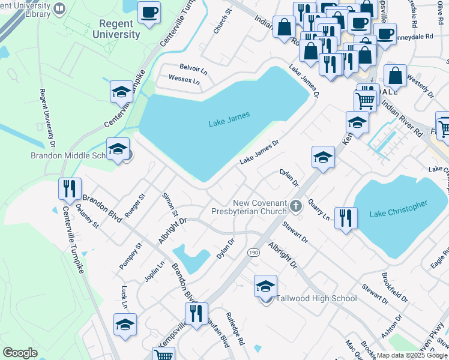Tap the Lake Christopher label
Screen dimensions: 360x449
[x=399, y=209]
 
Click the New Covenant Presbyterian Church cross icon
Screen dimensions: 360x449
[x=295, y=207]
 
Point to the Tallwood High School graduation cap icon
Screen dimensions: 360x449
[x=265, y=287]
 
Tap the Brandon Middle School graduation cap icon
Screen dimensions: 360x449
[x=118, y=149]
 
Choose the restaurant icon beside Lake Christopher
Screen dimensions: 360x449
[x=345, y=218]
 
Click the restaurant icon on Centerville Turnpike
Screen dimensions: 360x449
[x=70, y=189]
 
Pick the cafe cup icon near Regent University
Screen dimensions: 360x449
[x=149, y=13]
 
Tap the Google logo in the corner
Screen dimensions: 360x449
[x=20, y=353]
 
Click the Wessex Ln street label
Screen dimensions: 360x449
[x=184, y=79]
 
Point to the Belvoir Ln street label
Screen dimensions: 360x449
[x=193, y=68]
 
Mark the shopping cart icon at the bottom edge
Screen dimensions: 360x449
[x=164, y=355]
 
